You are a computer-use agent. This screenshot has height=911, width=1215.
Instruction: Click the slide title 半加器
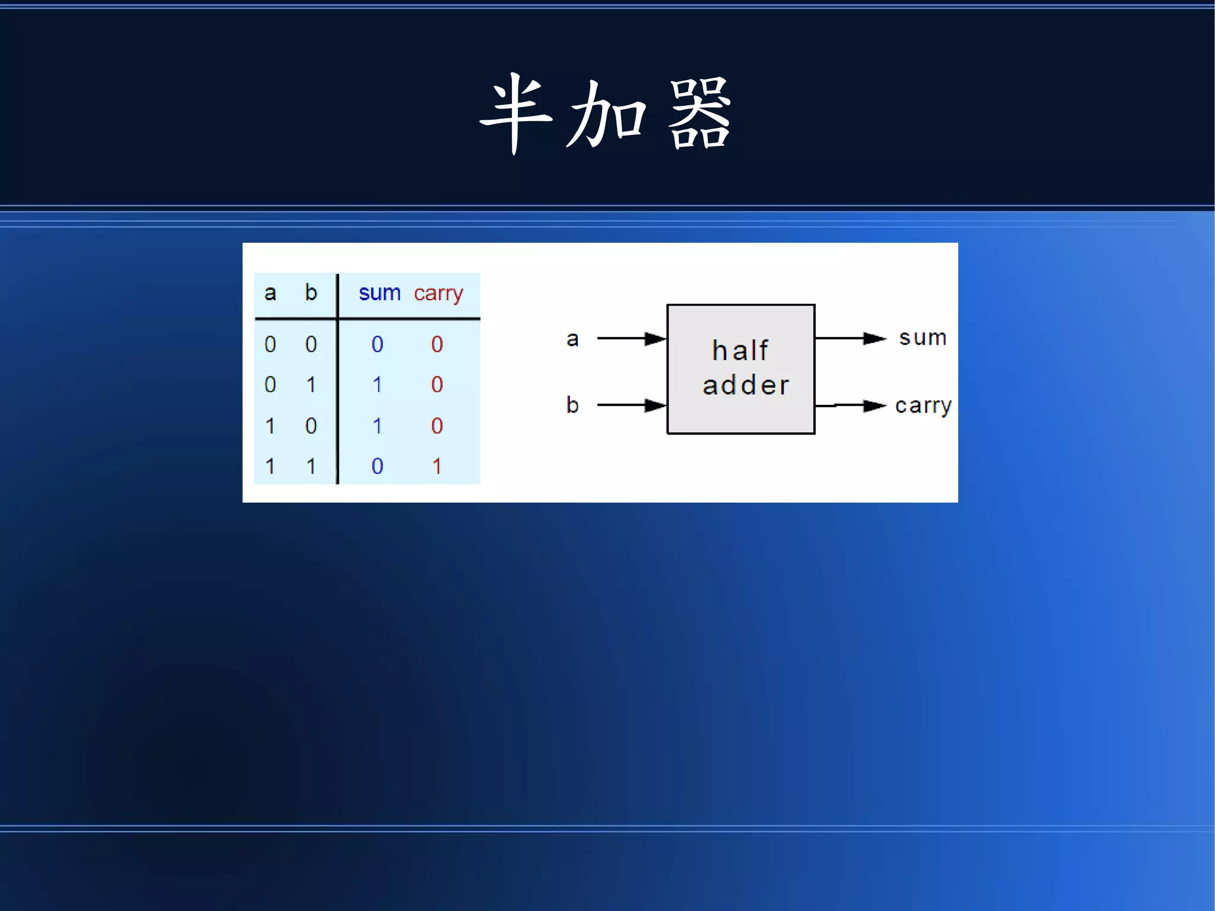(606, 114)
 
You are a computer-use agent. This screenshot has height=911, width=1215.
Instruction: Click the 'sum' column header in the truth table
(380, 293)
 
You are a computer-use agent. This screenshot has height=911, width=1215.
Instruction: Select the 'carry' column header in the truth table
(438, 294)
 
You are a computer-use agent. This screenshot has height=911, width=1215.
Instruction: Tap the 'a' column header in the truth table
(270, 293)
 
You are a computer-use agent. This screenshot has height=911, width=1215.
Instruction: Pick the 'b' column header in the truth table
(311, 292)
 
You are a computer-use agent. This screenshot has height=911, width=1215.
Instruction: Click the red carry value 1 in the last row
(437, 466)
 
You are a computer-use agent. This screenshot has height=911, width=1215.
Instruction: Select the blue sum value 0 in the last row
(377, 466)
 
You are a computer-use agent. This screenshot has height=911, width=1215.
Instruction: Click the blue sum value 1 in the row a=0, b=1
(377, 385)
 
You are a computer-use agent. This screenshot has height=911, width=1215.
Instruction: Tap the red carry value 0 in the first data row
(437, 344)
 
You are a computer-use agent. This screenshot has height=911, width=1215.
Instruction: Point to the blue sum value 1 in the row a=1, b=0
(377, 426)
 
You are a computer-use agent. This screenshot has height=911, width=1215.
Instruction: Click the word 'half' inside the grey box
(740, 350)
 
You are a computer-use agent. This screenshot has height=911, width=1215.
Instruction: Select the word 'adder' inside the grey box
(746, 385)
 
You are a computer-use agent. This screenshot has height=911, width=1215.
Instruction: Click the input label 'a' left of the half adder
(572, 339)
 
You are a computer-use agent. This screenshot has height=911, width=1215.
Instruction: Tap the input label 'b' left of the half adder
(572, 405)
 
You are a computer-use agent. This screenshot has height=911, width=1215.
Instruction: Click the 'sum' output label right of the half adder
(923, 338)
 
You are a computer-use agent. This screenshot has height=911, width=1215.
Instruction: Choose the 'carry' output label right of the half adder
(923, 406)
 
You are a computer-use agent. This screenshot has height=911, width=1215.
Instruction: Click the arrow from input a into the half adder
(632, 338)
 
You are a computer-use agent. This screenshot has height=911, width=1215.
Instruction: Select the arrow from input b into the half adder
(632, 405)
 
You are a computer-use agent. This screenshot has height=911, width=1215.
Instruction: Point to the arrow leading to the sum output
(851, 338)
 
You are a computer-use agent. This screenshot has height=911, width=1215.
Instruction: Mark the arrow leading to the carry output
(851, 406)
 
